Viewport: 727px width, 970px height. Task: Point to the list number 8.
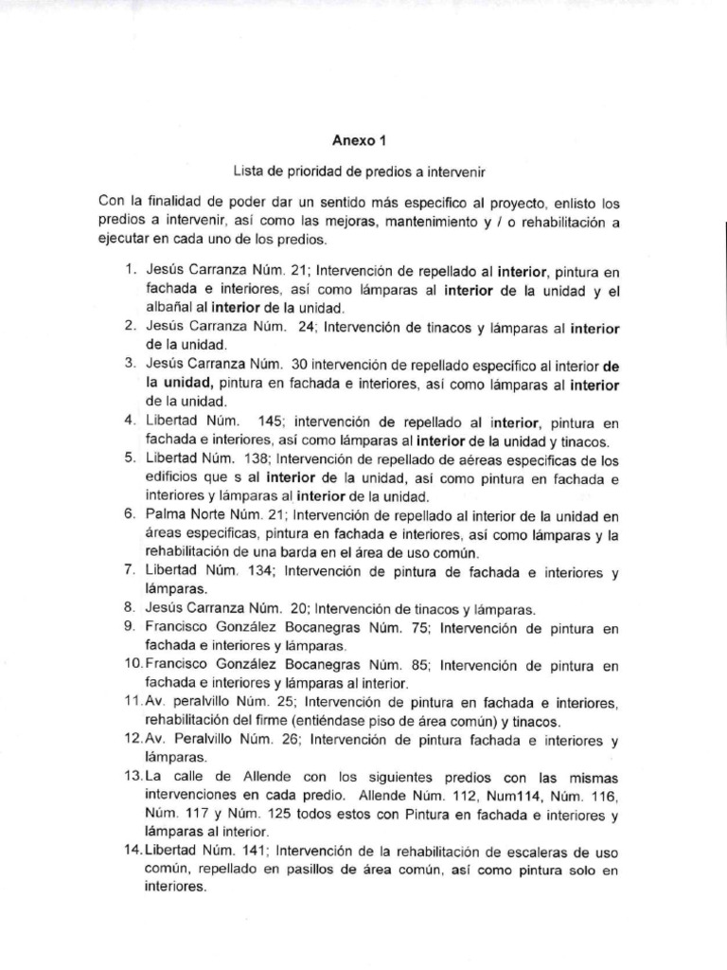pos(128,609)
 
